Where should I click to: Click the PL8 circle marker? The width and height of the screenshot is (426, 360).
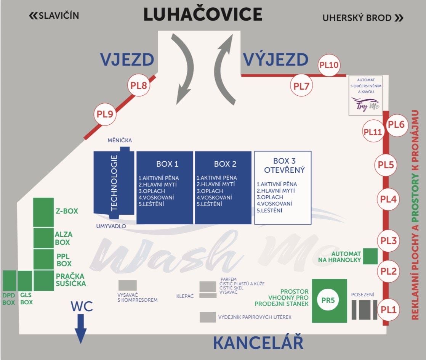coord(139,85)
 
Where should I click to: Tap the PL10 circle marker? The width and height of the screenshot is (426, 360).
coord(329,65)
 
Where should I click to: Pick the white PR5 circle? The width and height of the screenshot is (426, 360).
coord(328,300)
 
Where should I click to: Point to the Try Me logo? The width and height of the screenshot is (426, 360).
coord(365,104)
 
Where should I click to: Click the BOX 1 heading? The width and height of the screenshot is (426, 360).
coord(167,164)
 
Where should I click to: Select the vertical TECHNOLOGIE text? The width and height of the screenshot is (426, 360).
coord(114,183)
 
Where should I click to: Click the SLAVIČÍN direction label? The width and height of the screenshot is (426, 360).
coord(54,16)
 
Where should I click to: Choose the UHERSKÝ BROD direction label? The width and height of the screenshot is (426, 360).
coord(362,18)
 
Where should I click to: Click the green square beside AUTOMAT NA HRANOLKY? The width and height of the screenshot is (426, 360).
coord(370,256)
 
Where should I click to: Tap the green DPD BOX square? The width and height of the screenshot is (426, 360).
coord(9,281)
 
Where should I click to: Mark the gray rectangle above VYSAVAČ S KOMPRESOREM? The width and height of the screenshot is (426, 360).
coord(127,285)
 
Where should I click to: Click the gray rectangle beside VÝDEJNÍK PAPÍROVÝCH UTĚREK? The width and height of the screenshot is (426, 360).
coord(208,317)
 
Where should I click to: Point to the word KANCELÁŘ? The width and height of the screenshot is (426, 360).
coord(258,342)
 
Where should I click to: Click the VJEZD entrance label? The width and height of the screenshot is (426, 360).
coord(127,59)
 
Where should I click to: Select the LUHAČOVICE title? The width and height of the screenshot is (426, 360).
coord(203,15)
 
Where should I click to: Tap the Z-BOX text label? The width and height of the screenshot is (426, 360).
coord(67,211)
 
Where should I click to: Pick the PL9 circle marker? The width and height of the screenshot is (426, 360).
coord(105,114)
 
